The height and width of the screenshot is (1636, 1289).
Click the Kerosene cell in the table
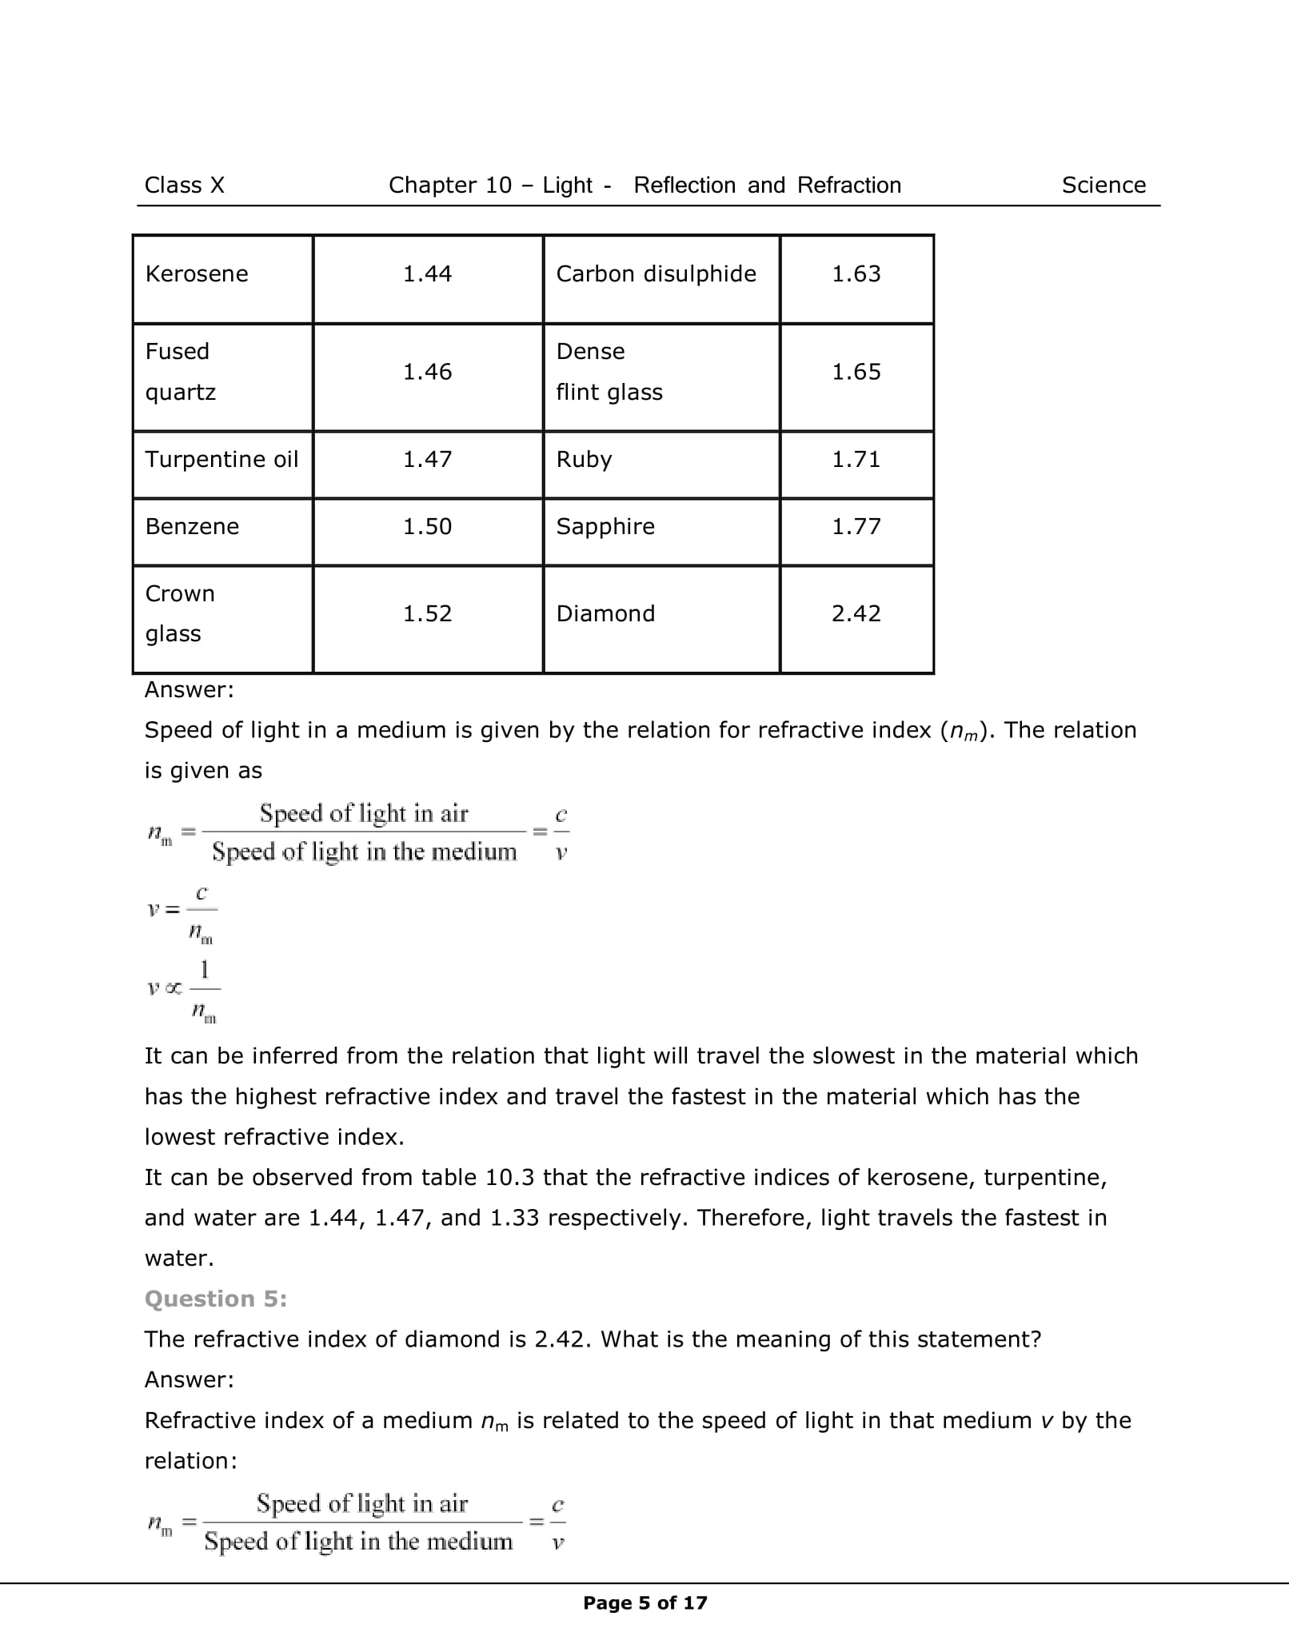197,274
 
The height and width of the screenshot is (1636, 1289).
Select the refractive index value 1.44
427,274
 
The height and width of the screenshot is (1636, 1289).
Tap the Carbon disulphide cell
656,274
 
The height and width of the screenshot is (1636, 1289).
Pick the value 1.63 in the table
856,274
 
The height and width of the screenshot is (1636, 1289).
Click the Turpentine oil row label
221,460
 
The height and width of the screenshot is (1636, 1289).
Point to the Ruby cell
584,460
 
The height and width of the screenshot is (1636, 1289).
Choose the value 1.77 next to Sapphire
856,527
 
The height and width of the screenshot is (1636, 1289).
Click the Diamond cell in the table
605,614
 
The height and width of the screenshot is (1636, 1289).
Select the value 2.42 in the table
856,614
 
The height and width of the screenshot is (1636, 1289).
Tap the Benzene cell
192,527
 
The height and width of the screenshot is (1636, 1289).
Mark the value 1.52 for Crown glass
427,614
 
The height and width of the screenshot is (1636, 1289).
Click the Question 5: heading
215,1299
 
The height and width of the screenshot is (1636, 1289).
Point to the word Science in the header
1103,186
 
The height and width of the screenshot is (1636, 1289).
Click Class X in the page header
184,186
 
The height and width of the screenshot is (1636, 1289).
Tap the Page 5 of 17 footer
644,1603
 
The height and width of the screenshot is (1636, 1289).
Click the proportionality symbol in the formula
174,989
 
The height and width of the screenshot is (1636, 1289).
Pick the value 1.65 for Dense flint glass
856,373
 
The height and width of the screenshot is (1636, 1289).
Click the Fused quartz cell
181,372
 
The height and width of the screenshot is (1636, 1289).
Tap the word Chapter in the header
427,186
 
